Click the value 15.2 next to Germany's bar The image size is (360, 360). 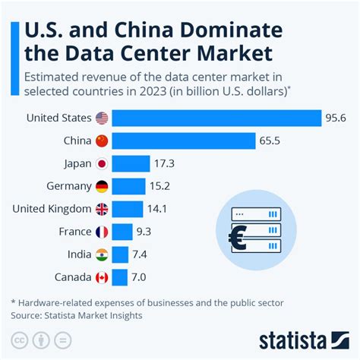pos(161,186)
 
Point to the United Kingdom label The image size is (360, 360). pos(53,209)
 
